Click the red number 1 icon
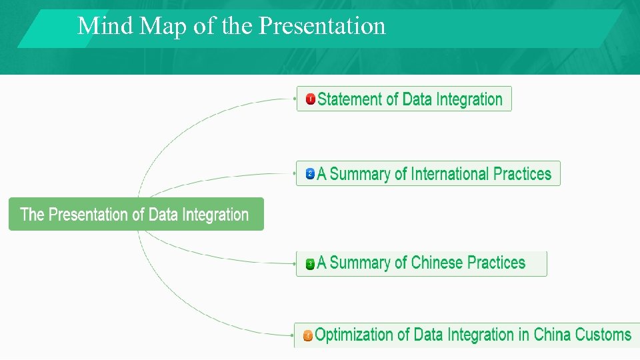tap(310, 99)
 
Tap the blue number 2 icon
tap(310, 174)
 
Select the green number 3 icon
tap(310, 264)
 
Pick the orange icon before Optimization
tap(307, 335)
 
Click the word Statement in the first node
tap(349, 99)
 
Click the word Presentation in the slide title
tap(322, 26)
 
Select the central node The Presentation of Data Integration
tap(135, 215)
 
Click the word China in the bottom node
tap(553, 335)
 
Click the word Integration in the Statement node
tap(469, 99)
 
